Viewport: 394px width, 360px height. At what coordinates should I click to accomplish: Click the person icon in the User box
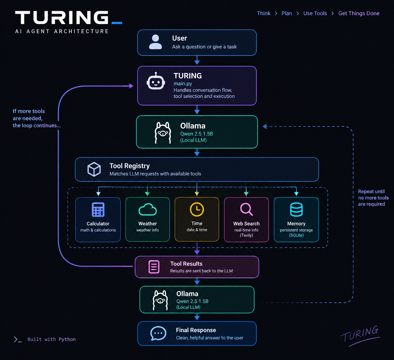[x=155, y=42]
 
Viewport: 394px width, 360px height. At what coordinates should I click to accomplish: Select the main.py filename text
[x=183, y=84]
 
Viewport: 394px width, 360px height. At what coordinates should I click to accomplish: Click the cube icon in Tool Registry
[x=94, y=169]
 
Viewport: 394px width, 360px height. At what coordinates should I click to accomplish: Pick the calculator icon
[x=98, y=209]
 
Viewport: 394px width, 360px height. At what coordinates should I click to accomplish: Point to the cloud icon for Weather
[x=147, y=210]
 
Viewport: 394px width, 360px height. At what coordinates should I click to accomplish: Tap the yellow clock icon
[x=197, y=209]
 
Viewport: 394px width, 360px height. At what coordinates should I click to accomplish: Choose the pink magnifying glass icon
[x=246, y=210]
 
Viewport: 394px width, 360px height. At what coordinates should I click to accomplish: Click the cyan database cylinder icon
[x=296, y=209]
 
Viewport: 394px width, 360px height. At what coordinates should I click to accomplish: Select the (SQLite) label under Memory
[x=296, y=235]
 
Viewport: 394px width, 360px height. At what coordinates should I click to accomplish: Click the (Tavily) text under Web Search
[x=246, y=235]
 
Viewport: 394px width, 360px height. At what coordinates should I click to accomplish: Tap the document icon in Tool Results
[x=154, y=267]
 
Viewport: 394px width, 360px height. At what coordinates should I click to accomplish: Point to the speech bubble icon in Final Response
[x=158, y=333]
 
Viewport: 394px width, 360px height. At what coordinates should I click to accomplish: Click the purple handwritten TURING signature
[x=360, y=336]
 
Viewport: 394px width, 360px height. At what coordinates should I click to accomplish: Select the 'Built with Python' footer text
[x=51, y=339]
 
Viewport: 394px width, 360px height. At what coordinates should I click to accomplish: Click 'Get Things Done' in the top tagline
[x=359, y=13]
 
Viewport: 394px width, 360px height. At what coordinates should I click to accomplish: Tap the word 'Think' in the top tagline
[x=263, y=13]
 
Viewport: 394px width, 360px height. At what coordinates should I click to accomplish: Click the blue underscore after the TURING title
[x=117, y=23]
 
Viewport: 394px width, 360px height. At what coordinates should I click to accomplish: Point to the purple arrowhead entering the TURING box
[x=131, y=86]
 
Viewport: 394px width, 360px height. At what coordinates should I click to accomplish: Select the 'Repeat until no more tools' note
[x=373, y=195]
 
